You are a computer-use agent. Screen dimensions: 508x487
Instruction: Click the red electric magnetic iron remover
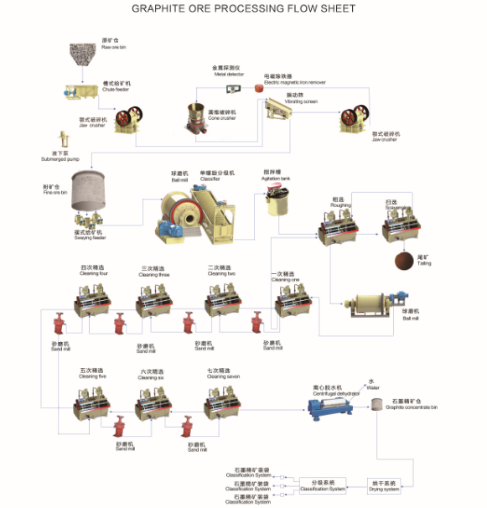(x=259, y=88)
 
